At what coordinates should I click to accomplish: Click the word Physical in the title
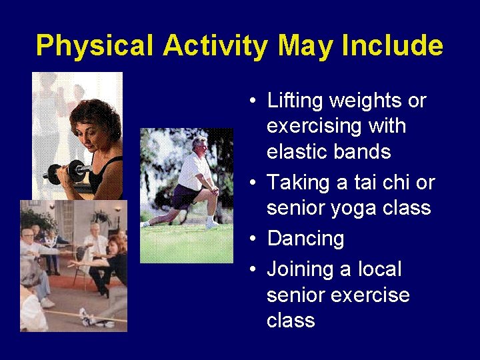click(x=96, y=46)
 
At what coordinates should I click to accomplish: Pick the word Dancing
click(x=305, y=239)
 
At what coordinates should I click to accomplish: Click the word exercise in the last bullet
click(x=371, y=295)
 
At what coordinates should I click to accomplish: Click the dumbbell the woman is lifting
click(x=67, y=172)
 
